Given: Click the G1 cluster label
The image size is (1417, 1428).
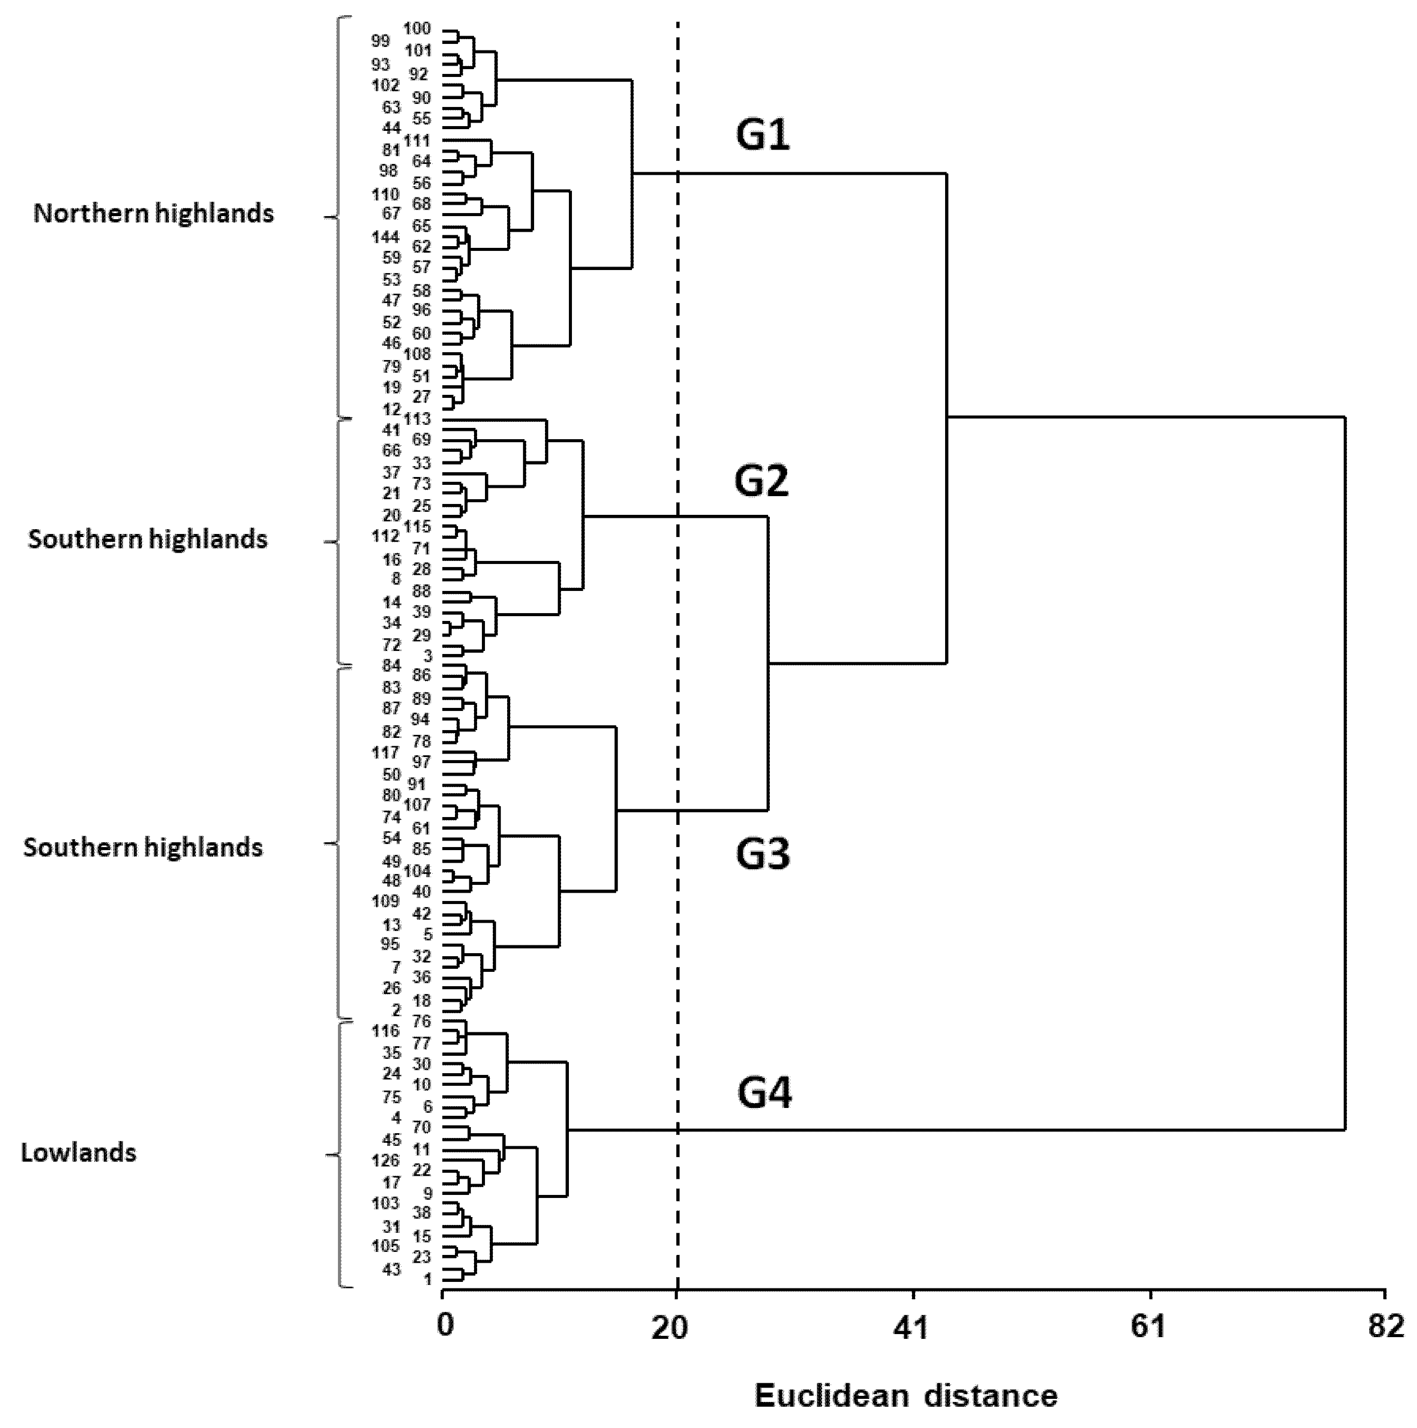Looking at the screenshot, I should pyautogui.click(x=762, y=135).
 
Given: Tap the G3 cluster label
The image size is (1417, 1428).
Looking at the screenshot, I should pyautogui.click(x=762, y=854).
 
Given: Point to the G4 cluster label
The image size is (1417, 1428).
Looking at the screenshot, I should pyautogui.click(x=764, y=1094).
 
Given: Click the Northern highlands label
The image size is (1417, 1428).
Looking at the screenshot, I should pyautogui.click(x=154, y=214).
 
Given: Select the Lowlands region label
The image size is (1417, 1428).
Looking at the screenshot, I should pyautogui.click(x=78, y=1154).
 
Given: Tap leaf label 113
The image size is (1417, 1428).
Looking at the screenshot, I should pyautogui.click(x=417, y=419).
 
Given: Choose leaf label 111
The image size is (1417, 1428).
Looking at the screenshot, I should pyautogui.click(x=417, y=140).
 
